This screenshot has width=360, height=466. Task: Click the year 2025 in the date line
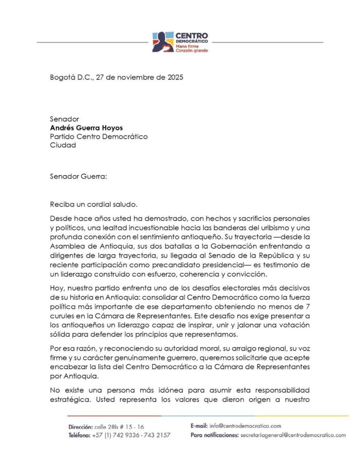[x=174, y=77]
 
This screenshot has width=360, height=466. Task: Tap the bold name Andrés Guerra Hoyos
[x=86, y=128]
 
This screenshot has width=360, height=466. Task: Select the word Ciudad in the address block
[x=63, y=145]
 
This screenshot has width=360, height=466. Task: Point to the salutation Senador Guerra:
[x=78, y=176]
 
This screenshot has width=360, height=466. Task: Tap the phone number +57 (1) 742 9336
[x=116, y=436]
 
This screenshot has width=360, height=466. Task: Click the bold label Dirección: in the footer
[x=80, y=427]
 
